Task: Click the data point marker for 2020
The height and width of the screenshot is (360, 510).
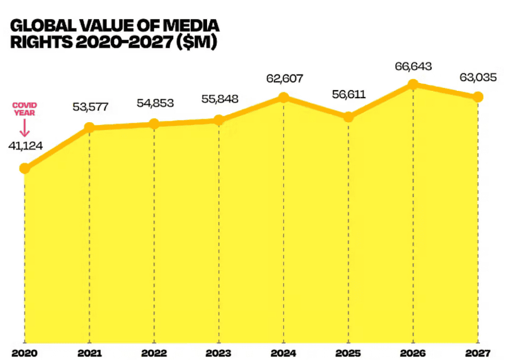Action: pyautogui.click(x=25, y=169)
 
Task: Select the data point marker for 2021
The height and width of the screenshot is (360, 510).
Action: pyautogui.click(x=89, y=127)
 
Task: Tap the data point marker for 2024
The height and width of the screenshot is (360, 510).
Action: pyautogui.click(x=284, y=98)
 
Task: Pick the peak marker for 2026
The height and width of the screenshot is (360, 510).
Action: pyautogui.click(x=413, y=84)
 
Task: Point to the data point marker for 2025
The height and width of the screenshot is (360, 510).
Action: pyautogui.click(x=348, y=117)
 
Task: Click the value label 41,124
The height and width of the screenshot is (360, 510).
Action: pyautogui.click(x=25, y=146)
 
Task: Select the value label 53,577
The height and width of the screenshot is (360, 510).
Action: pyautogui.click(x=89, y=107)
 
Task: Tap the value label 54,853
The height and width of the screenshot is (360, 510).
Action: pyautogui.click(x=154, y=103)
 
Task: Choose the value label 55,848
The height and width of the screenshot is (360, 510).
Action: pyautogui.click(x=219, y=100)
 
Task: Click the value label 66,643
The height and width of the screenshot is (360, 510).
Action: pyautogui.click(x=413, y=66)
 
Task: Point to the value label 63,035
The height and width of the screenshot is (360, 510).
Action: pyautogui.click(x=478, y=78)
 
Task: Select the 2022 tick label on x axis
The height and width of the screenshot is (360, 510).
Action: pyautogui.click(x=154, y=353)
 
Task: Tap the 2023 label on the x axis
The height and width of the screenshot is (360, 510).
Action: pyautogui.click(x=219, y=353)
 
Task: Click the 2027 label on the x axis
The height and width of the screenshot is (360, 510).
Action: pyautogui.click(x=478, y=353)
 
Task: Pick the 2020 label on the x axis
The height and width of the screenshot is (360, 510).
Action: pyautogui.click(x=25, y=353)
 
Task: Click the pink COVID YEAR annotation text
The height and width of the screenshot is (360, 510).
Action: pyautogui.click(x=25, y=109)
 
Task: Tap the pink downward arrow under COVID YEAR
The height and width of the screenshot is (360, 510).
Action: pyautogui.click(x=25, y=127)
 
